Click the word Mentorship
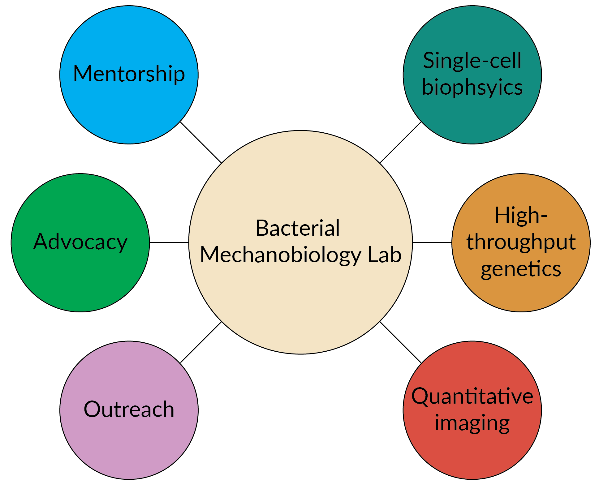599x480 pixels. coord(129,74)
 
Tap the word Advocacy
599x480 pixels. coord(80,242)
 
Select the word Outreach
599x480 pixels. coord(129,409)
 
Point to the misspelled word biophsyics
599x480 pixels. coord(472,87)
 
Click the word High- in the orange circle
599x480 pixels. coord(521,215)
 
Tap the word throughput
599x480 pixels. coord(521,242)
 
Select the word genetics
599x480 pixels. coord(521,268)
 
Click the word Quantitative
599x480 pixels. coord(472,396)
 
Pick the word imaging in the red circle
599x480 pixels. coord(472,423)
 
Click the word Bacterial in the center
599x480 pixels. coord(298,228)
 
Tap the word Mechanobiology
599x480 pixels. coord(280,255)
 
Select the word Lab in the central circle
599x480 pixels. coord(385,255)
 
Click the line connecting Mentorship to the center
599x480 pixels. coord(201,143)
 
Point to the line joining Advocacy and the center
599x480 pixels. coord(169,242)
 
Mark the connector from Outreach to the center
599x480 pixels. coord(201,342)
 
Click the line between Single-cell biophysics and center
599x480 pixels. coord(400,143)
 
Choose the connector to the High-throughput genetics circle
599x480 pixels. coord(432,242)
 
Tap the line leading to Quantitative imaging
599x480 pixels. coord(400,342)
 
